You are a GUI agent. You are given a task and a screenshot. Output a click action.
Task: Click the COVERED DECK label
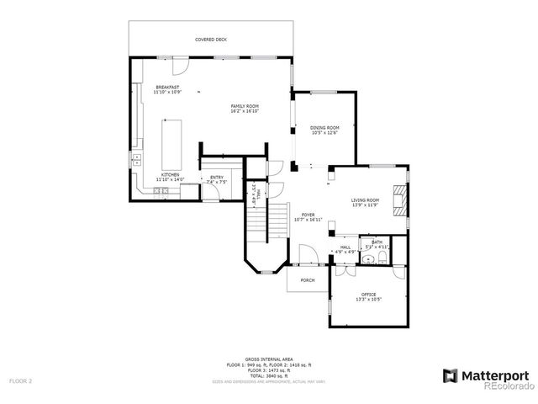(x=211, y=40)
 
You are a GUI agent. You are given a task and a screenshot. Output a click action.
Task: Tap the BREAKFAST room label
(x=167, y=88)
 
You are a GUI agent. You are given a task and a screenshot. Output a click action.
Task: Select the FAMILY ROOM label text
(x=245, y=106)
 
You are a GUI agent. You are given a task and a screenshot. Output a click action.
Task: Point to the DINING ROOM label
(x=324, y=128)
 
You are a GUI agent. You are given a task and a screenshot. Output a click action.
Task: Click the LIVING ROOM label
(x=366, y=199)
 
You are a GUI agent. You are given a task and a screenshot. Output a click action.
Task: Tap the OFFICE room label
(x=368, y=294)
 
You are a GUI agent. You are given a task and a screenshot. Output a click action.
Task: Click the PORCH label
(x=308, y=280)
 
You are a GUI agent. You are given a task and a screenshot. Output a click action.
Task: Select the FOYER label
(x=309, y=215)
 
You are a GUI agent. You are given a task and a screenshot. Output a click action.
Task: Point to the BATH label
(x=377, y=242)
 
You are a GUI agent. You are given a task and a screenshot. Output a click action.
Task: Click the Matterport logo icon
(x=450, y=375)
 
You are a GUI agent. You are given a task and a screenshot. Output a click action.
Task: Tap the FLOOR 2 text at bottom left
(x=21, y=381)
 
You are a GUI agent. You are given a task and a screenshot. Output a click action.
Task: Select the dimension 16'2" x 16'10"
(x=245, y=110)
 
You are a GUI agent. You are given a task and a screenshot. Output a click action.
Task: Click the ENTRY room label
(x=216, y=177)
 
